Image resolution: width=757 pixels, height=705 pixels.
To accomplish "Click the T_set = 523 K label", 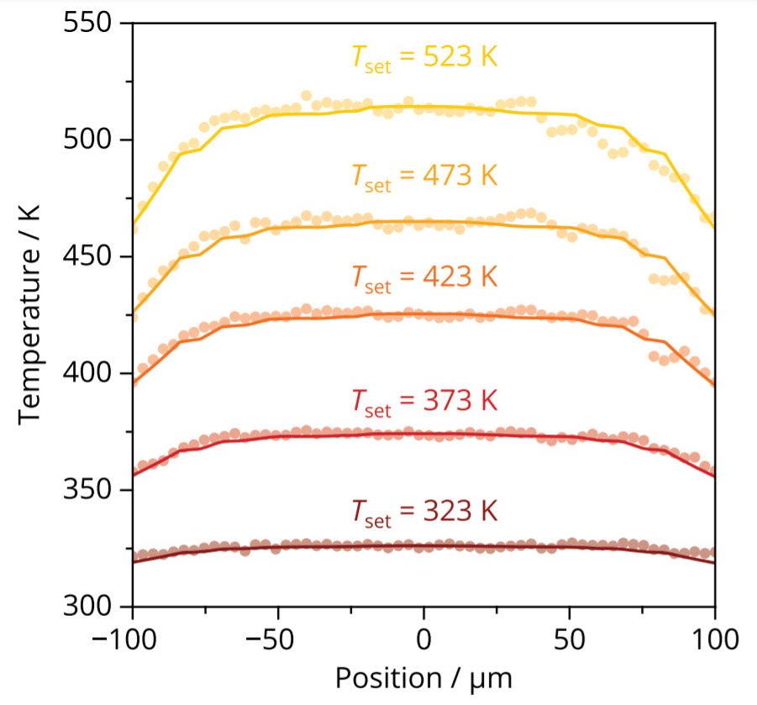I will pos(424,59).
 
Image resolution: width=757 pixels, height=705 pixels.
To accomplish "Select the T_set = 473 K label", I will pos(424,177).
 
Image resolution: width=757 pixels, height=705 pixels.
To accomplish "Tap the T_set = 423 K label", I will pos(424,277).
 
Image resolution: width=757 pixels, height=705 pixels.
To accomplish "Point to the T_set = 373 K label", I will pos(424,401).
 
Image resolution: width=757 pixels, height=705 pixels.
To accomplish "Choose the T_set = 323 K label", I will pos(424,511).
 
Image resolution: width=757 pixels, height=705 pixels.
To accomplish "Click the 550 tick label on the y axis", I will pos(88,24).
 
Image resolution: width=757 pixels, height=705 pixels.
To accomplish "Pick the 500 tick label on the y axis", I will pos(88,140).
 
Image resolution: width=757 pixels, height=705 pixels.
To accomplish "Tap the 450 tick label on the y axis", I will pos(88,257).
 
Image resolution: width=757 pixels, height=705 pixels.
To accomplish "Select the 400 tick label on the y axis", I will pos(88,373).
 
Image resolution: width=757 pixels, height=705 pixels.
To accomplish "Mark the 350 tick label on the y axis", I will pos(88,490).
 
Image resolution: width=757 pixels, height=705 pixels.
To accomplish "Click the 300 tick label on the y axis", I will pos(88,606).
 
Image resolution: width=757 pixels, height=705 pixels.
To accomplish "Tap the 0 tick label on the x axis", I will pos(424,636).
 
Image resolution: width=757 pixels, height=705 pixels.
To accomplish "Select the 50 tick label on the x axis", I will pos(570,636).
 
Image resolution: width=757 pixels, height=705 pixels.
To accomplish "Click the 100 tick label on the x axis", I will pos(715,636).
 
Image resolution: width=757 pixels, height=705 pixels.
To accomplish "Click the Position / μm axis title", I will pos(424,677).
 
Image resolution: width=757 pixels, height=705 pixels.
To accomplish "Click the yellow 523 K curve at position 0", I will pos(424,107).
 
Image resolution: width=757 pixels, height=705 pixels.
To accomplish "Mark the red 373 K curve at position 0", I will pos(424,434).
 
